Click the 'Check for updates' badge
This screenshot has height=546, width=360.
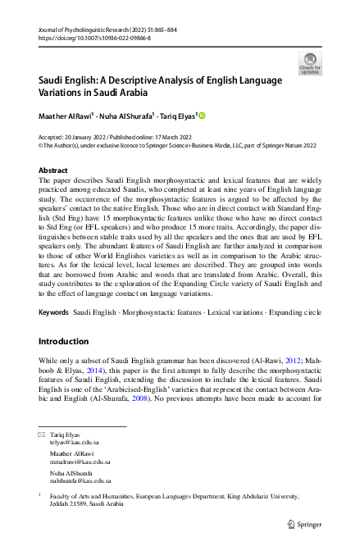click(311, 63)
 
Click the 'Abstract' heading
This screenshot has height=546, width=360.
click(53, 171)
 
